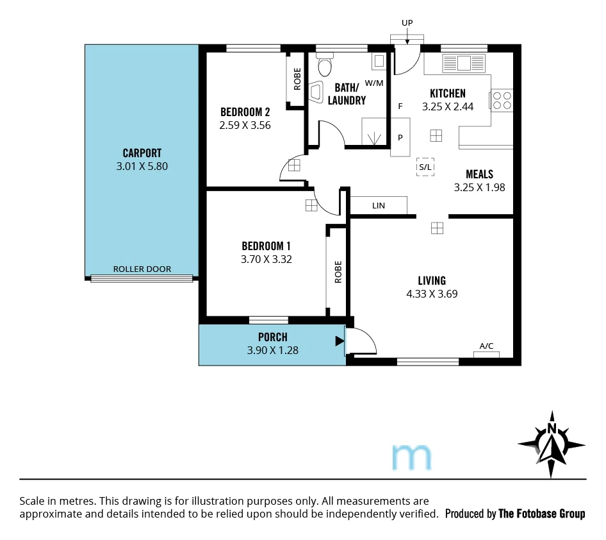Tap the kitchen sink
(x=464, y=63)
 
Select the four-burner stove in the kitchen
(x=502, y=100)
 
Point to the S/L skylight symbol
(x=425, y=167)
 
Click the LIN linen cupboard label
(x=379, y=206)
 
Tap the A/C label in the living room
(x=487, y=346)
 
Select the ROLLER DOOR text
(x=142, y=269)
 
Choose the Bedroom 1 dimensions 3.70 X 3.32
(x=266, y=259)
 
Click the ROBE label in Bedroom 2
(x=297, y=78)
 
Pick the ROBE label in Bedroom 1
(x=338, y=272)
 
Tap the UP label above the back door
(x=407, y=23)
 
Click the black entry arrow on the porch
(x=340, y=341)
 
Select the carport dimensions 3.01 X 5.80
(x=142, y=166)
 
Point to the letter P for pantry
(x=400, y=137)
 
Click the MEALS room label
(x=479, y=174)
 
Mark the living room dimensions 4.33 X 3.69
(x=432, y=294)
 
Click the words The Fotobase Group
(x=541, y=514)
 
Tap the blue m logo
(x=411, y=456)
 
